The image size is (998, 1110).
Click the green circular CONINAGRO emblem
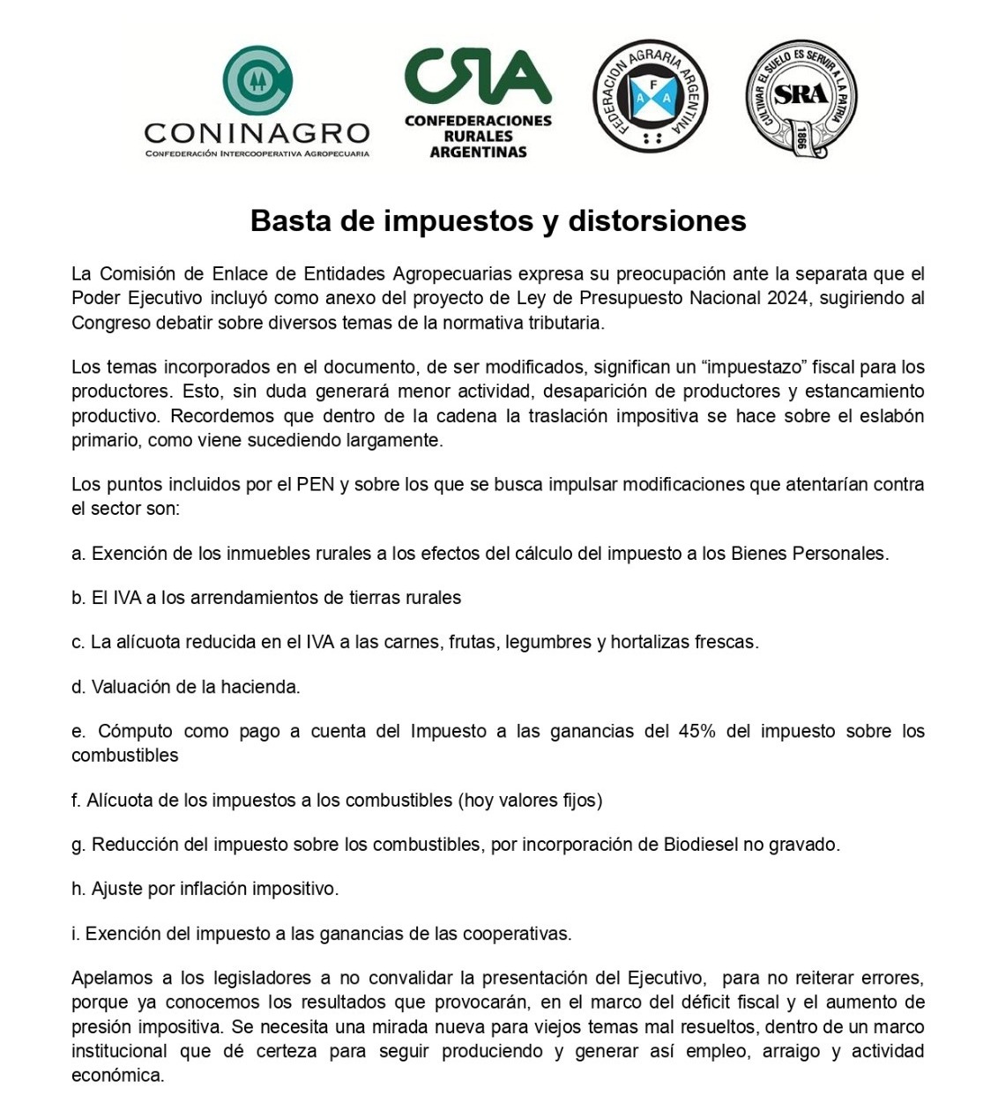(x=257, y=81)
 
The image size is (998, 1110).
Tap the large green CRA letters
(x=478, y=76)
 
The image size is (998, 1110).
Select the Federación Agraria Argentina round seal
(x=651, y=96)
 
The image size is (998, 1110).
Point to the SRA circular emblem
(x=801, y=98)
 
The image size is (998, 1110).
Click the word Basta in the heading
(x=291, y=220)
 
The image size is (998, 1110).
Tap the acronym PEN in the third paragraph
(x=316, y=484)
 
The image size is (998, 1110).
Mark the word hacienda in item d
(x=262, y=687)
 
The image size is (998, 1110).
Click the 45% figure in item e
(x=697, y=731)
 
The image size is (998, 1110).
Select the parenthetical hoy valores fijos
(x=530, y=801)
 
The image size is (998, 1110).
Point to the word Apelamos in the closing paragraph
(x=105, y=978)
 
